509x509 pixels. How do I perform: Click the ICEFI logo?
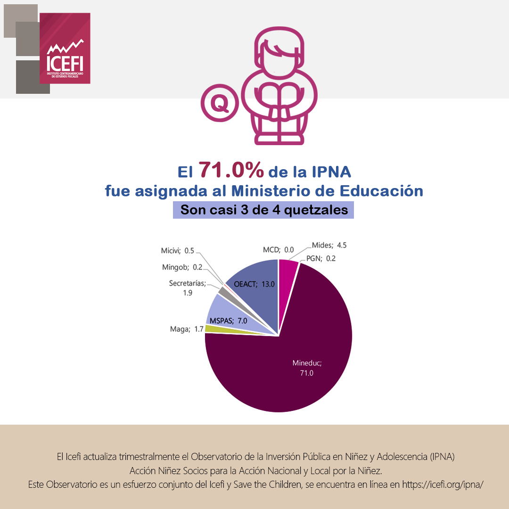(x=65, y=49)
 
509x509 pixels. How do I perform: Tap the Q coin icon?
(x=219, y=104)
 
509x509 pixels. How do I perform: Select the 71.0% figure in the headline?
(x=231, y=171)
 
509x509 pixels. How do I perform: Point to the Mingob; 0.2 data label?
(x=182, y=267)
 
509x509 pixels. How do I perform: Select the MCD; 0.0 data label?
(x=278, y=249)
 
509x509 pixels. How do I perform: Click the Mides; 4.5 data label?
(x=329, y=245)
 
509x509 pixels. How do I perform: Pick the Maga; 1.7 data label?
(x=187, y=329)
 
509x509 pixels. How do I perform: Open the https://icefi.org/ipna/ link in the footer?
(x=443, y=484)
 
